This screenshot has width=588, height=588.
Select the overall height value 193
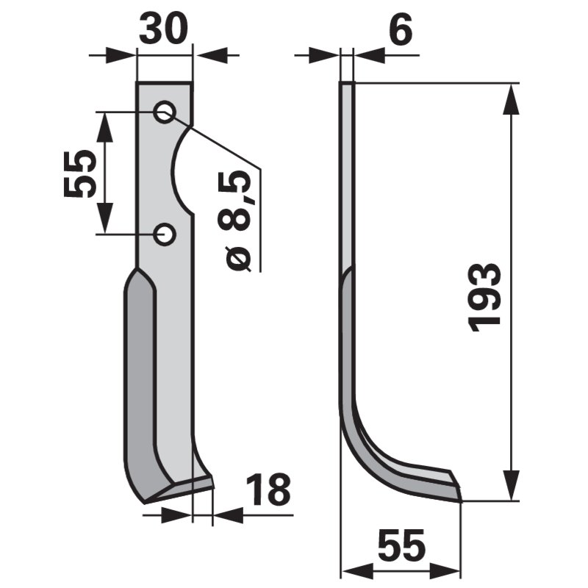[x=486, y=295]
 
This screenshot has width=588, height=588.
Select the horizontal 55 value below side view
[x=401, y=547]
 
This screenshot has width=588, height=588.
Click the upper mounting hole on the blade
[x=164, y=112]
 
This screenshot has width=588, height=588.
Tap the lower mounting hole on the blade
[x=164, y=234]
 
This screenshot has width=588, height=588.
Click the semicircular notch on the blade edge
[x=184, y=171]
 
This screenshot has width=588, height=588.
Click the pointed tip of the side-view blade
[x=459, y=495]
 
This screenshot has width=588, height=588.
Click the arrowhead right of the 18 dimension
[x=225, y=514]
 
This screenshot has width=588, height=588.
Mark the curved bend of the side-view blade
[x=364, y=441]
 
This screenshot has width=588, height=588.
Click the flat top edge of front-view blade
[x=164, y=83]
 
